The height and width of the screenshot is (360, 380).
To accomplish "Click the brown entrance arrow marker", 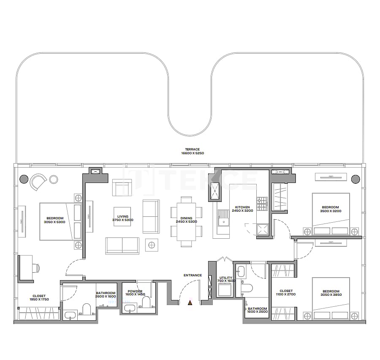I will tap(190, 303).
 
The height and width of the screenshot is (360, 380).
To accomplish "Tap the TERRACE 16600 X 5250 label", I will tap(192, 151).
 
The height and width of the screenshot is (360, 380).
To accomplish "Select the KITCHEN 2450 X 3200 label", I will tap(243, 209).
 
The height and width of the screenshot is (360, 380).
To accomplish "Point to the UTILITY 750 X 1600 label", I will tap(226, 279).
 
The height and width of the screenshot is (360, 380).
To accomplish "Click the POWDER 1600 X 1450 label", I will tap(135, 292).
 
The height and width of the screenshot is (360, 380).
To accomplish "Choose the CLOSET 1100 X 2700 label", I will tap(286, 292).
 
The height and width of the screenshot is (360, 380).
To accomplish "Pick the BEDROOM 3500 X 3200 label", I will tap(331, 209).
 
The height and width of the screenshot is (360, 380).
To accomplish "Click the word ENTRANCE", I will tap(193, 275).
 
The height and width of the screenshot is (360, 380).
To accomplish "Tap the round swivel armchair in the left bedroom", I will tap(38, 182).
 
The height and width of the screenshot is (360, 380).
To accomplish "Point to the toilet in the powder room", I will tap(146, 303).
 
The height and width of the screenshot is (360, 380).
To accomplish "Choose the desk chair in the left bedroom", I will tap(36, 267).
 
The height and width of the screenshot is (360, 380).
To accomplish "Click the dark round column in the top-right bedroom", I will tap(355, 179).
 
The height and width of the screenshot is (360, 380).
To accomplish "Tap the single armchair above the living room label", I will tap(122, 187).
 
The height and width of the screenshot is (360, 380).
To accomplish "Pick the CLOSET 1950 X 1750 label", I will tap(39, 297).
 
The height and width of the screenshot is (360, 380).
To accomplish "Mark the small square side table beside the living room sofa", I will tap(152, 245).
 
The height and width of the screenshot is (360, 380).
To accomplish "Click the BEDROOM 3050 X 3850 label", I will tap(331, 293).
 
